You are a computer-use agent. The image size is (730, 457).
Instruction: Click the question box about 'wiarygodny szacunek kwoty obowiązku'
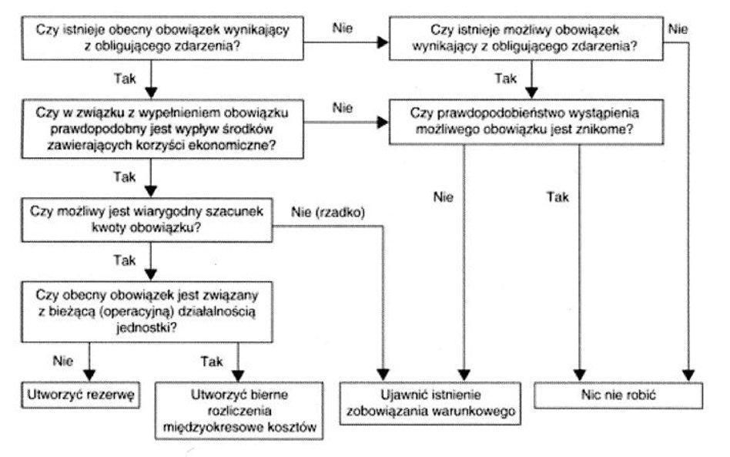146,220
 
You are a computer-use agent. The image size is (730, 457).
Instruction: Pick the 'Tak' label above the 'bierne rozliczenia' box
211,359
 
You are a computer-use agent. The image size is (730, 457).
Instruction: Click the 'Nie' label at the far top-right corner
678,29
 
